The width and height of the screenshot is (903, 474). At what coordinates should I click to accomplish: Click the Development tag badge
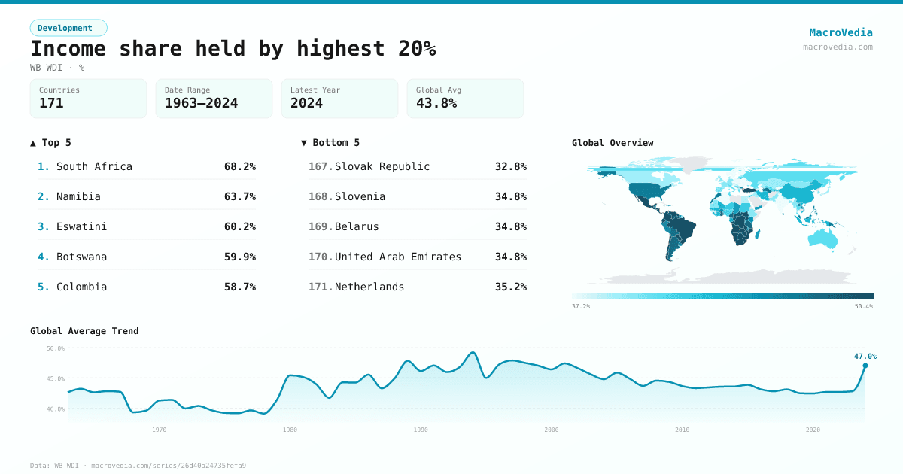click(68, 28)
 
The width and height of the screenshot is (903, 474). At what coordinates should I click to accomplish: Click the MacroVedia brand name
click(841, 32)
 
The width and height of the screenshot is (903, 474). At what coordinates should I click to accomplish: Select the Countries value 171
click(51, 103)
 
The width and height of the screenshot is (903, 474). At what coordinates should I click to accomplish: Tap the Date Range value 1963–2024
click(201, 103)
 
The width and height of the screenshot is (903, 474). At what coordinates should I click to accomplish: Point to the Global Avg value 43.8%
click(436, 103)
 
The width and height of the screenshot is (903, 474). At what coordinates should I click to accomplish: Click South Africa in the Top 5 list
click(94, 166)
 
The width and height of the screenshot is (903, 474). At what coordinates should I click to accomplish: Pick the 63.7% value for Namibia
click(239, 196)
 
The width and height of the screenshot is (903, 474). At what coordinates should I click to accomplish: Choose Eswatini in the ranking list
click(81, 226)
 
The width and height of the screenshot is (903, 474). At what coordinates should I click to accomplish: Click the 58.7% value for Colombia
click(239, 287)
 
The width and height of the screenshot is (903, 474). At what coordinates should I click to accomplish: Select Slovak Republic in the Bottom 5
click(382, 166)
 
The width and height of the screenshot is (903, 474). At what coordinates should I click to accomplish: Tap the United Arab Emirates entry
click(397, 257)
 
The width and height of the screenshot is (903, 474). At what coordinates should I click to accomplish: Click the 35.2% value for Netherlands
click(510, 287)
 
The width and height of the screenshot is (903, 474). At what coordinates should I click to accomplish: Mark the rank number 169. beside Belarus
click(321, 226)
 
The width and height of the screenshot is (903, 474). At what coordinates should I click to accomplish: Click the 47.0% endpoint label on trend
click(865, 356)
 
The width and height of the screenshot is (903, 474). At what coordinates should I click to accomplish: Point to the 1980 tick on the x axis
click(290, 430)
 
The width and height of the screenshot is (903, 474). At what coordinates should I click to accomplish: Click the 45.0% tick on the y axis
click(56, 378)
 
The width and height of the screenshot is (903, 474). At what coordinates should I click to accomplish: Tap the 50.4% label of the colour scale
click(863, 306)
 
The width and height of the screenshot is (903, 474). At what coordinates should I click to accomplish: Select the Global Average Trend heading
click(84, 331)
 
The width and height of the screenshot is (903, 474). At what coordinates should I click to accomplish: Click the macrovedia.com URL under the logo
click(838, 47)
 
